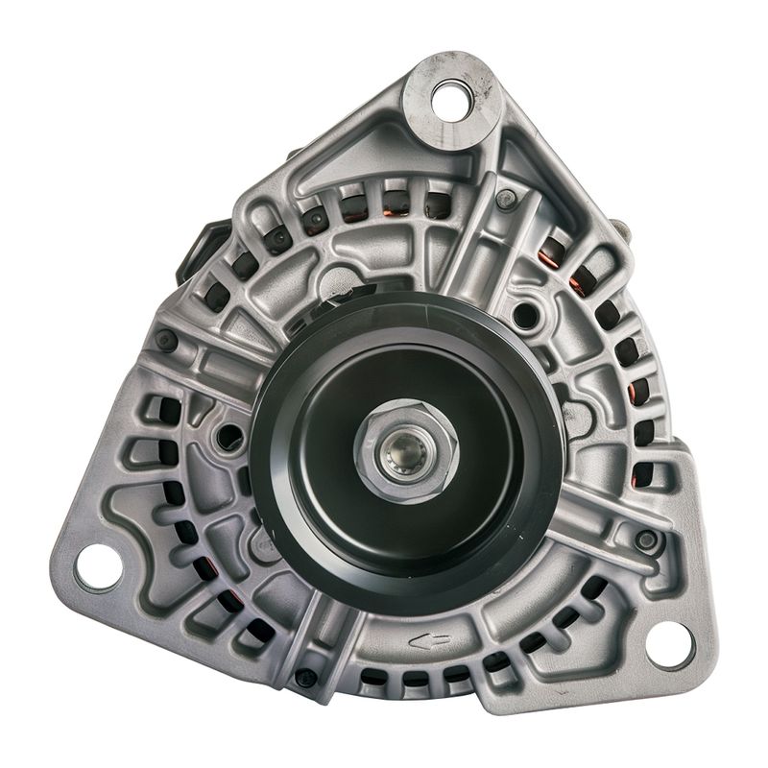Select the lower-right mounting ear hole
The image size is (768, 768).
pos(669,642)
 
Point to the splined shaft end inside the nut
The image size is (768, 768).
pos(396,446)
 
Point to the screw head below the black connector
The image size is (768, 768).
pos(167,339)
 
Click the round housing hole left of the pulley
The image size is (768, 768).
pos(231,438)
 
